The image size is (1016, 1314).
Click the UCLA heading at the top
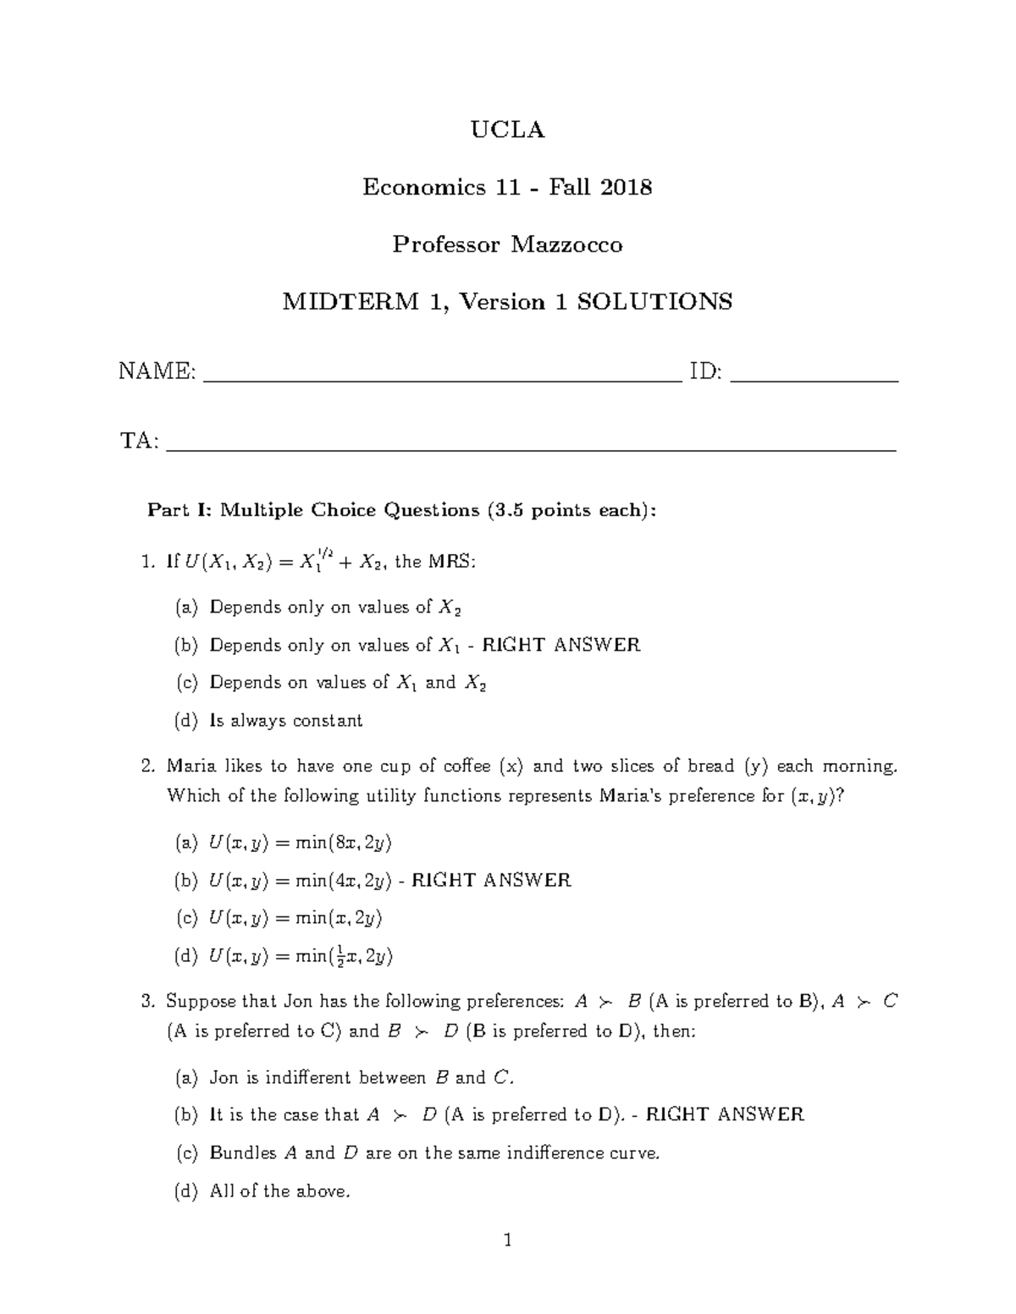[x=507, y=129]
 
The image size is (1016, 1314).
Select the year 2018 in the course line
[x=627, y=187]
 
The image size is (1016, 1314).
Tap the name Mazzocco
[x=566, y=245]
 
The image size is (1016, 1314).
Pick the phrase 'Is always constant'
[x=286, y=721]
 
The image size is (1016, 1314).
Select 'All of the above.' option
[x=279, y=1191]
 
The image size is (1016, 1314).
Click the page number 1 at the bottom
[x=507, y=1241]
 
